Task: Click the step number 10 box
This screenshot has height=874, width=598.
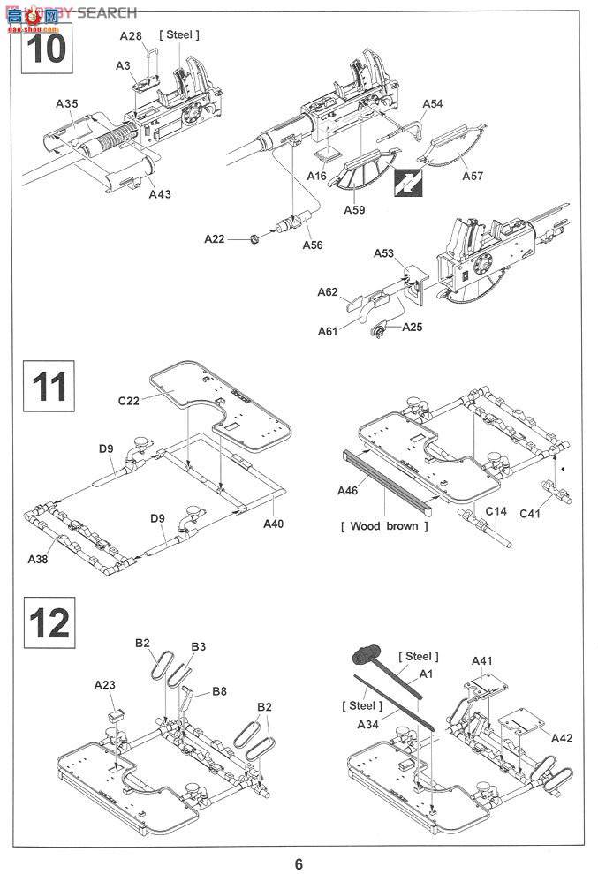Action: (48, 48)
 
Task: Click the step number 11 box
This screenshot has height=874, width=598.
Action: (49, 386)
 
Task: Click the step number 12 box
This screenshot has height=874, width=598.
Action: (49, 622)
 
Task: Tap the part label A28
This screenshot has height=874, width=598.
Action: (131, 36)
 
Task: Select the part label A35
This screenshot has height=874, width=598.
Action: (67, 103)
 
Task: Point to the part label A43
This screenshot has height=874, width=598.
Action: (160, 194)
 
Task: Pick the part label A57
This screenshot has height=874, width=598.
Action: (473, 177)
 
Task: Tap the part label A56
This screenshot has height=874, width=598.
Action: (313, 245)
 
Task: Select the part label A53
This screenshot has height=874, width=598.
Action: (383, 253)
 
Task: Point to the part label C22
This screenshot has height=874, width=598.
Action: (128, 401)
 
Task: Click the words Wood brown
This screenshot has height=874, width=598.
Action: (384, 526)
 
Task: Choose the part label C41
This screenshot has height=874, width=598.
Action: (530, 513)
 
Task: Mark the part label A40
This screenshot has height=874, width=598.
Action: (273, 524)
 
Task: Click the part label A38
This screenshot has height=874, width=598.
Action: (38, 559)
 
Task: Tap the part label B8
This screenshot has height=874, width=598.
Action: (219, 692)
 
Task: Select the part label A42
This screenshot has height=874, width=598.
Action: (562, 738)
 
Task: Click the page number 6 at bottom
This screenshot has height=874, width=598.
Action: (299, 864)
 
